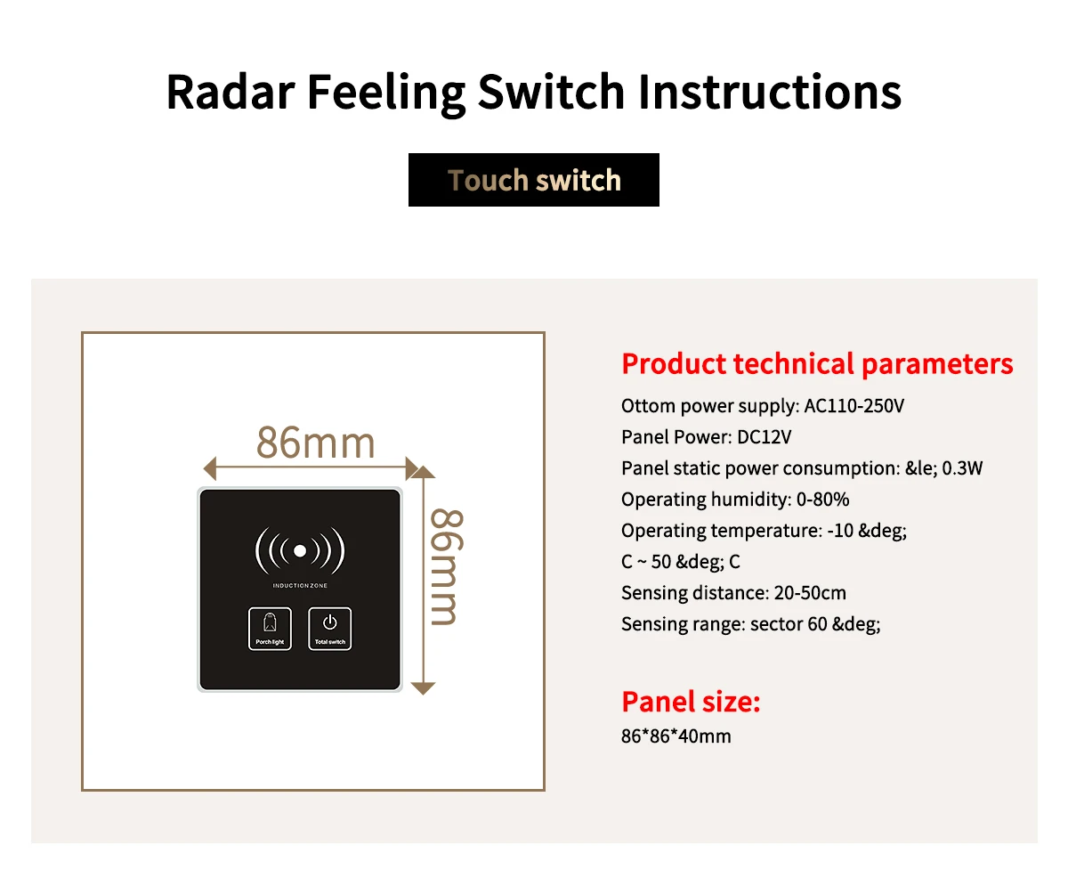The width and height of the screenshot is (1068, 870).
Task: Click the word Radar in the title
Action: click(228, 92)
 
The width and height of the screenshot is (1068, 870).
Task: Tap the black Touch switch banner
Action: click(534, 180)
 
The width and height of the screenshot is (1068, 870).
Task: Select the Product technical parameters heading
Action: click(817, 364)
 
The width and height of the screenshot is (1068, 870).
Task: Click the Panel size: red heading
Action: click(691, 702)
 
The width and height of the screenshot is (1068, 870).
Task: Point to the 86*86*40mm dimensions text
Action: click(676, 736)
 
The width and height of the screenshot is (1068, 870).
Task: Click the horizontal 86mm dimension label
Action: click(316, 443)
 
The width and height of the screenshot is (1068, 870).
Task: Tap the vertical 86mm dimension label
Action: click(446, 566)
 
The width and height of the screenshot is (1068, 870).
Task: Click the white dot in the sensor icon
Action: click(300, 551)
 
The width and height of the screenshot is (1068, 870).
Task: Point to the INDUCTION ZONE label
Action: click(300, 586)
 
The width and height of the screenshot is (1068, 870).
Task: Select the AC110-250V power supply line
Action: click(763, 406)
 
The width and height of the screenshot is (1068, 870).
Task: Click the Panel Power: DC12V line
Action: click(707, 437)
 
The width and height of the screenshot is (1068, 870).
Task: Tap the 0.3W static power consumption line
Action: click(802, 468)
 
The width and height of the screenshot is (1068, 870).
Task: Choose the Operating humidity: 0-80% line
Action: click(735, 500)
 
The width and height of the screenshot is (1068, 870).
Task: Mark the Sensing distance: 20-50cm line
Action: click(733, 593)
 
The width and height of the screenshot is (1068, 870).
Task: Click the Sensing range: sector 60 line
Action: click(750, 624)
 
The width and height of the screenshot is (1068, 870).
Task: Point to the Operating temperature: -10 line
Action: click(764, 531)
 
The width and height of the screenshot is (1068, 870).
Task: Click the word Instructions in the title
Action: click(770, 92)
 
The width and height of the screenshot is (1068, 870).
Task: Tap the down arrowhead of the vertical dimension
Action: click(424, 687)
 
